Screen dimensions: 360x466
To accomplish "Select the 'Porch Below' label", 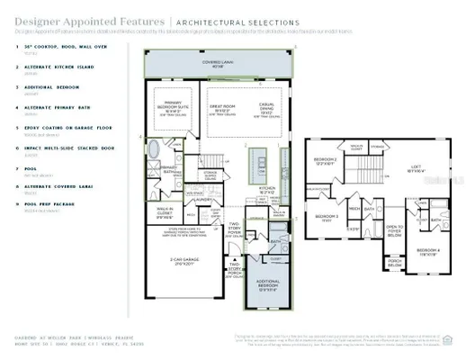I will coord(395,265).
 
